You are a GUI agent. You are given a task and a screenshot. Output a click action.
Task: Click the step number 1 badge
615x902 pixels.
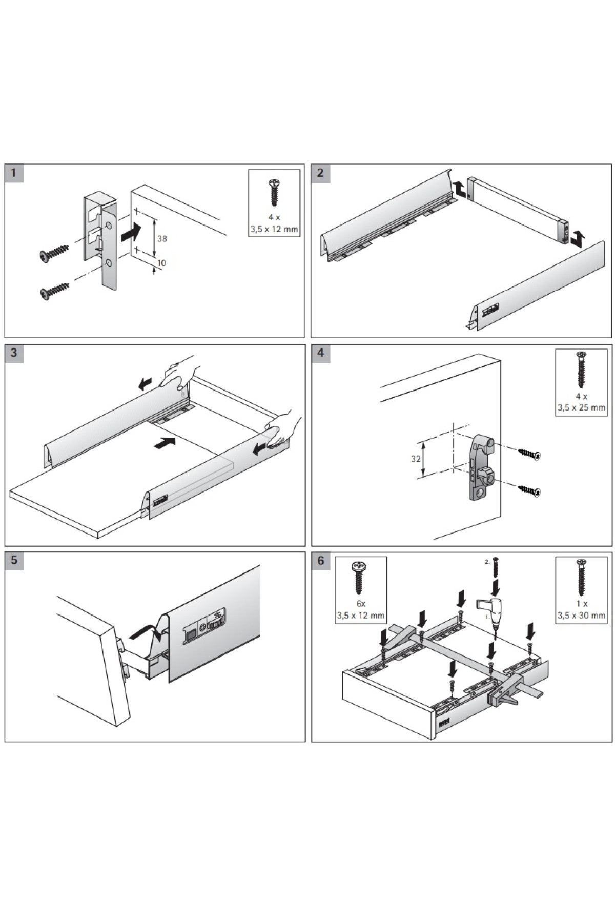[x=14, y=173]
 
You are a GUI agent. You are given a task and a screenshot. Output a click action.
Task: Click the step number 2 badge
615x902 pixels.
[x=320, y=173]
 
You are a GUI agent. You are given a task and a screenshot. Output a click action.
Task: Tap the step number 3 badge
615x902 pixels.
[x=14, y=353]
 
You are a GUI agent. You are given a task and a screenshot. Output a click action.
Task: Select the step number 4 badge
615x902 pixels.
[x=320, y=353]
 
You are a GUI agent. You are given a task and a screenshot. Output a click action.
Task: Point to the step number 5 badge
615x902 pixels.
[x=14, y=560]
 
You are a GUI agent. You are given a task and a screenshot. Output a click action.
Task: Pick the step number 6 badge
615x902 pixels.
[x=320, y=560]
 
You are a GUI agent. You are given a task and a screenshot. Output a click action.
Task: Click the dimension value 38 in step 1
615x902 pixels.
[x=162, y=239]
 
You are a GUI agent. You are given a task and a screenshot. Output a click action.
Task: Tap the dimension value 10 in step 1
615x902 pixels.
[x=161, y=263]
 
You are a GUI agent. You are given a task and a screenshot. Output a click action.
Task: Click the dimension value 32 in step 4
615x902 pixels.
[x=416, y=459]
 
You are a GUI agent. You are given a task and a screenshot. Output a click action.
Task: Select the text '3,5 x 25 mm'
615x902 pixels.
[x=581, y=408]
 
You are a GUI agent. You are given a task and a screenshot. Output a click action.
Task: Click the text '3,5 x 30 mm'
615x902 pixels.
[x=581, y=615]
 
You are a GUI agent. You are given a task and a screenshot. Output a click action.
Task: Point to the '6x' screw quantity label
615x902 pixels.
[x=360, y=604]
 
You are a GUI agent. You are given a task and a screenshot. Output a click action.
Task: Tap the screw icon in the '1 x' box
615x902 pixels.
[x=581, y=578]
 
